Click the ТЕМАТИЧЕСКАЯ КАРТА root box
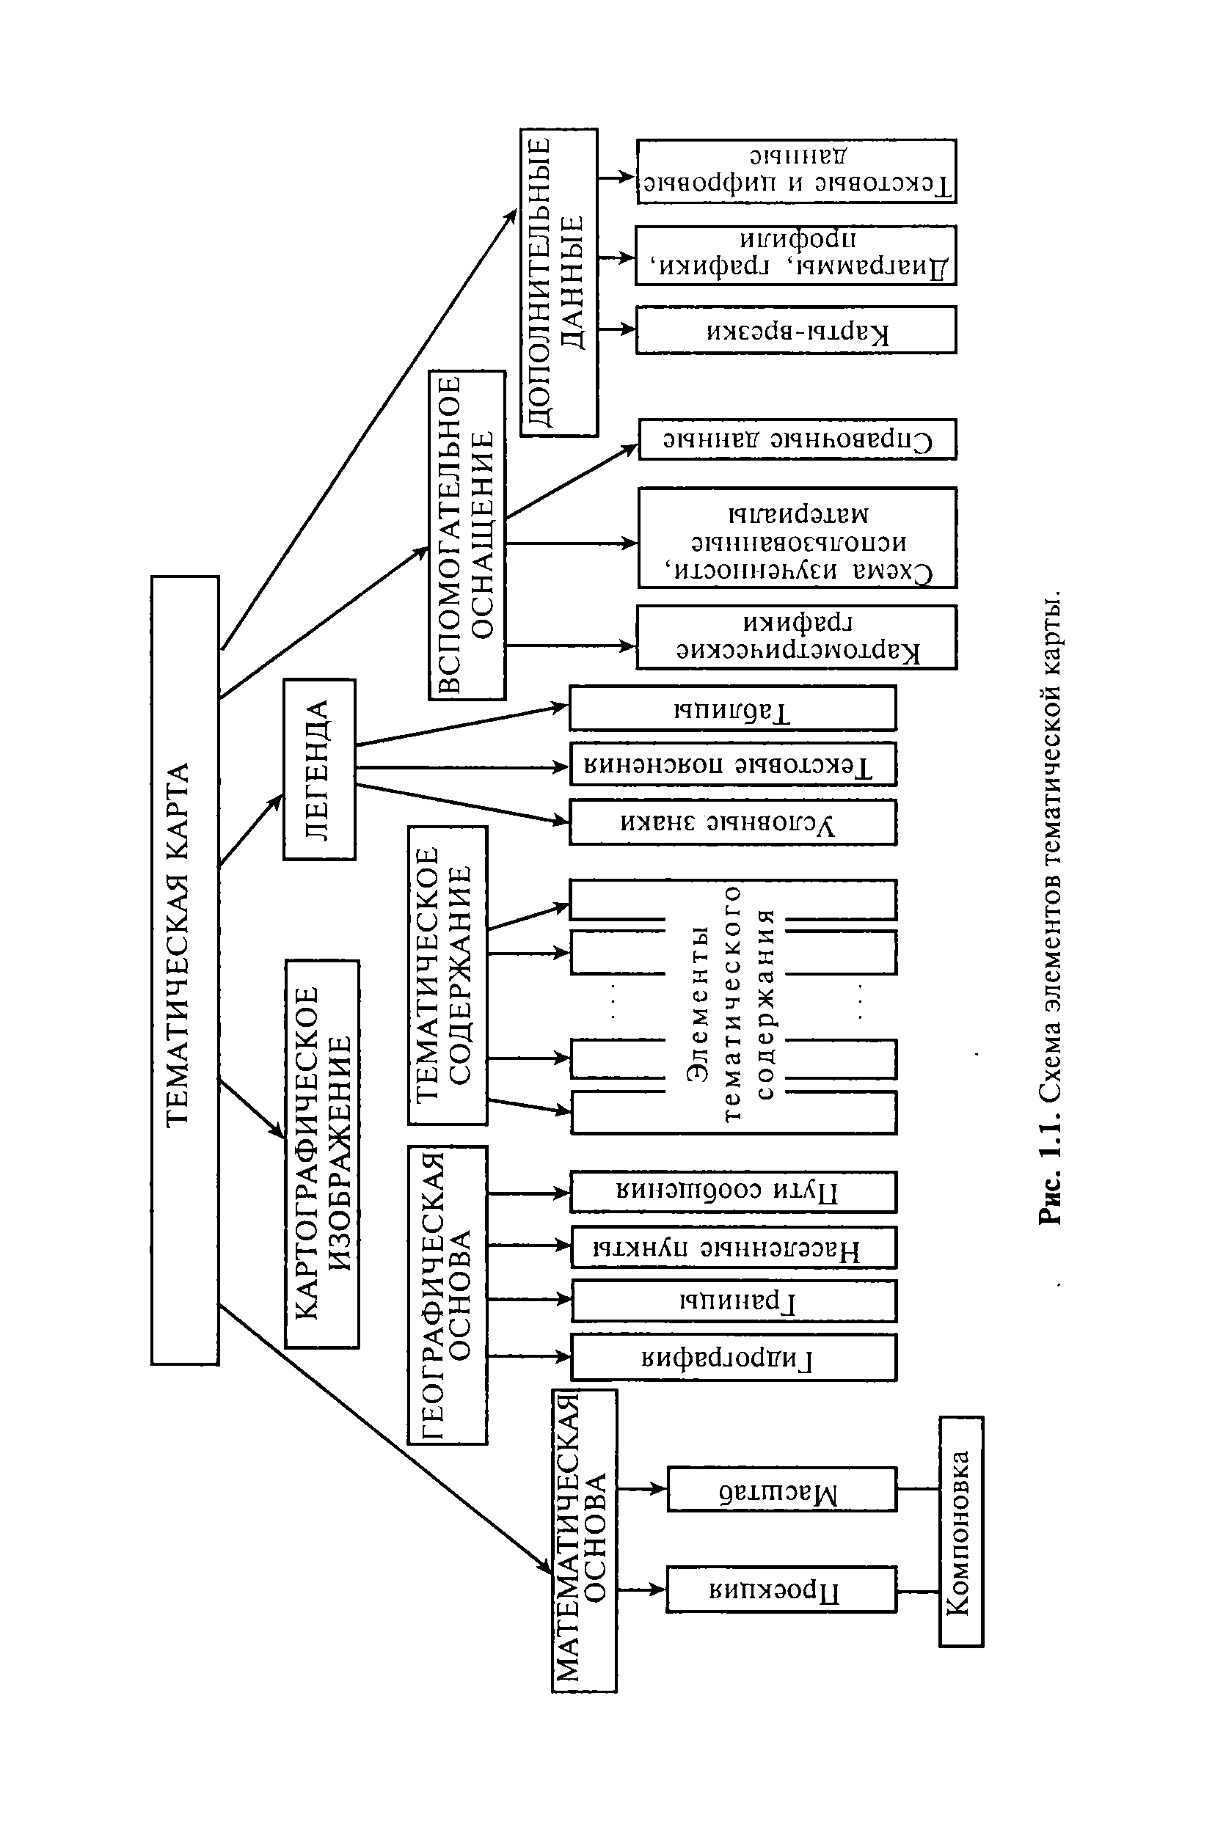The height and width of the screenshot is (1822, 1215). pos(185,969)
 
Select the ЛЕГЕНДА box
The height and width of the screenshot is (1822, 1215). pos(319,769)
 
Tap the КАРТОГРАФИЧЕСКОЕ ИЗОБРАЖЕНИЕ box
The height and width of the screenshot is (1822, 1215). pos(322,1155)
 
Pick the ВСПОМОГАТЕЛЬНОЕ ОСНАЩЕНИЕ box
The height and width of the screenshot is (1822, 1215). pos(467,535)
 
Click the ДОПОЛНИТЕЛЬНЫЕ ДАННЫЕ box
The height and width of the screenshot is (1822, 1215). pos(558,282)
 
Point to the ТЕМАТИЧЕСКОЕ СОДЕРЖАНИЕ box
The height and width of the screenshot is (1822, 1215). pos(448,976)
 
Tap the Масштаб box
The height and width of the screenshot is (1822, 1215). pos(781,1489)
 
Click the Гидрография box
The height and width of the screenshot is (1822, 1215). pos(733,1357)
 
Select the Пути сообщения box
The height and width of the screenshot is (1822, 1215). pos(733,1191)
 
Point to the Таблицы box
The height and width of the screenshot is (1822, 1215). pos(732,708)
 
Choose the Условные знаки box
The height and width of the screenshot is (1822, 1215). pos(732,822)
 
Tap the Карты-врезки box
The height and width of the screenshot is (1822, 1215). pos(796,330)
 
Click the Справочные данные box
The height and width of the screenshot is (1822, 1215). pos(798,439)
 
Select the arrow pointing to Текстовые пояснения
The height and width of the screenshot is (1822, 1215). pos(461,767)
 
